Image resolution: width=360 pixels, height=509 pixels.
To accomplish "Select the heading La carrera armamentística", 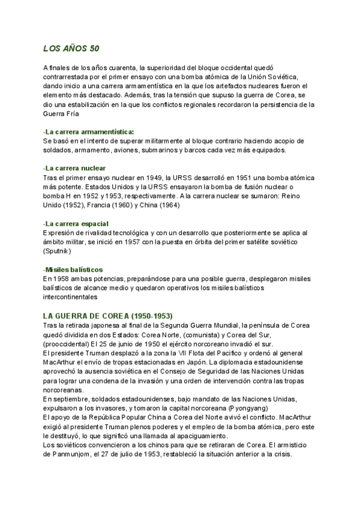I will coord(89,131).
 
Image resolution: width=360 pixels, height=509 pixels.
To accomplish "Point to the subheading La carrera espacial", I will coord(76,224).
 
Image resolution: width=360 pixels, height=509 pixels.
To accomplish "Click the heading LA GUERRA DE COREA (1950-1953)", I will coord(108,316).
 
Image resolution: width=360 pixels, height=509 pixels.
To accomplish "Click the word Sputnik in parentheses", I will coord(58,250).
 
